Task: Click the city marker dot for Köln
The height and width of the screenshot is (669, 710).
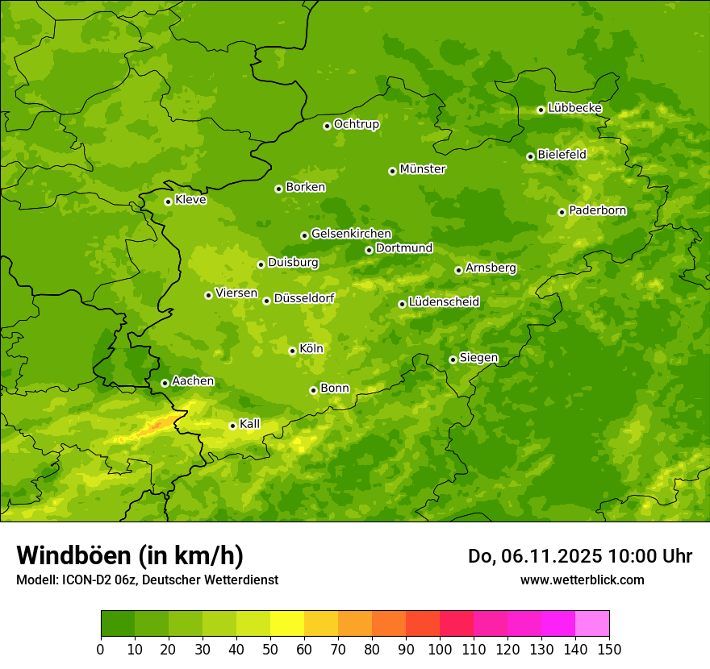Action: [292, 351]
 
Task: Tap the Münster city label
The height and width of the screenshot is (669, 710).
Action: [423, 169]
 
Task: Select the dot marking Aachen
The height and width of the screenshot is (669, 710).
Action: [165, 383]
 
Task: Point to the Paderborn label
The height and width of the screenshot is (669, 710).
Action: [598, 210]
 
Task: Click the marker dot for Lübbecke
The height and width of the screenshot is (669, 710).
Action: [541, 110]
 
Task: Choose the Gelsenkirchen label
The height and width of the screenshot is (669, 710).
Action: [351, 234]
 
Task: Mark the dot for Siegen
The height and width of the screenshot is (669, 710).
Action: [453, 359]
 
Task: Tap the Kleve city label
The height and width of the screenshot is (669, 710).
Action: [190, 200]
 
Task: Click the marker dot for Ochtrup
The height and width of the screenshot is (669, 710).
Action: [327, 125]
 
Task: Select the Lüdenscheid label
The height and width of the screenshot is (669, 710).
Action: [444, 302]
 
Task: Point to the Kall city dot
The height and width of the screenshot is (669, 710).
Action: [232, 426]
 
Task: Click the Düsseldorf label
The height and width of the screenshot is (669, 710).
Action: [304, 298]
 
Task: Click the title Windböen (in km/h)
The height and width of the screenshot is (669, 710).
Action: [129, 555]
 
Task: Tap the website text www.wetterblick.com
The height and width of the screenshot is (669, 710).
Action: [583, 580]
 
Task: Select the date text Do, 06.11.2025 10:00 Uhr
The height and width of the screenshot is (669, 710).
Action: [580, 556]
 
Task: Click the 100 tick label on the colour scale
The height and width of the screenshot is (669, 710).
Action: [440, 650]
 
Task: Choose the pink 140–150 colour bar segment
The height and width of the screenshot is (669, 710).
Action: [592, 624]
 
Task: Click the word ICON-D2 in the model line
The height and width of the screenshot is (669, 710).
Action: [82, 580]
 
